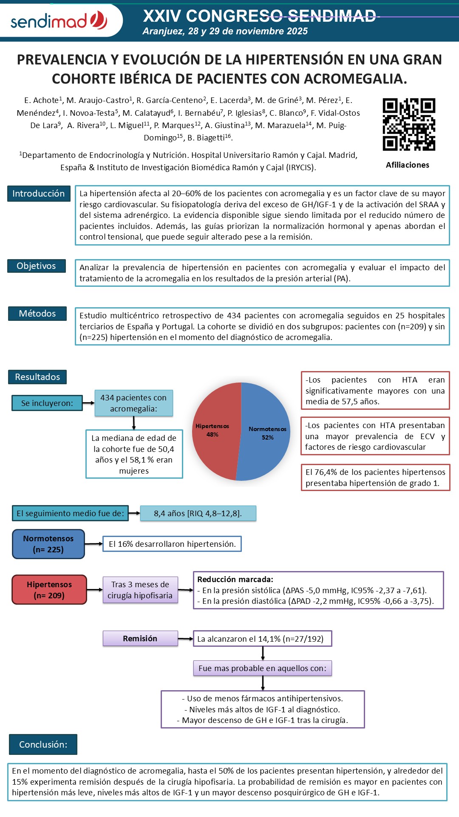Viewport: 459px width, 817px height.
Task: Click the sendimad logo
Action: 59,20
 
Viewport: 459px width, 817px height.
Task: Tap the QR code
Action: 408,124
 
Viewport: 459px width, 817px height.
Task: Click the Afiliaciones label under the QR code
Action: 407,165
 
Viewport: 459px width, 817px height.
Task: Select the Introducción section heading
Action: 39,194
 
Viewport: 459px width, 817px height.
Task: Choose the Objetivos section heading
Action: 37,266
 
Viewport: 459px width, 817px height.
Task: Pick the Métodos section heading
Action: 37,314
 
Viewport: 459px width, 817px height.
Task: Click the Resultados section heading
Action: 37,377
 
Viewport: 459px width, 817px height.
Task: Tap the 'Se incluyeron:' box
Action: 47,403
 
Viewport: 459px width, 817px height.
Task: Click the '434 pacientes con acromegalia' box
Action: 133,403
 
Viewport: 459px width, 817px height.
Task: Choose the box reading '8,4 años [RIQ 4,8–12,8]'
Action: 198,513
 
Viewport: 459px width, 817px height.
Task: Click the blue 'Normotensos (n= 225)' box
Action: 48,544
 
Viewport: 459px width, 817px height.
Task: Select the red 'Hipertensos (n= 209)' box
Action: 49,590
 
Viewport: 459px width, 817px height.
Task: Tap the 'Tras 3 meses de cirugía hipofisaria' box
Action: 140,590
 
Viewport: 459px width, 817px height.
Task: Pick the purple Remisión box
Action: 140,638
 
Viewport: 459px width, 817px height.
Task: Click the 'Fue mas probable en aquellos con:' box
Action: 262,668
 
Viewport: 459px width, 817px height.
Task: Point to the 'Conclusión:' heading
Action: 43,744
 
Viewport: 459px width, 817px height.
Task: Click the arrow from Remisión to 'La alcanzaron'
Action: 185,639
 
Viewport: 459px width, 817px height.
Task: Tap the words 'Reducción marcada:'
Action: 235,579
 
